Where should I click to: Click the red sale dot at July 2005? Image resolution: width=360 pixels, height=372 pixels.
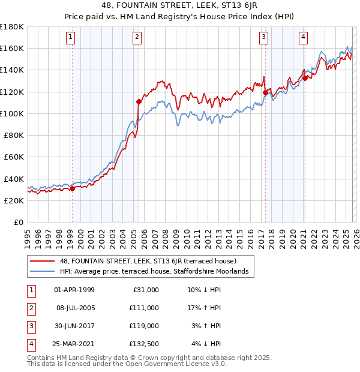(139, 101)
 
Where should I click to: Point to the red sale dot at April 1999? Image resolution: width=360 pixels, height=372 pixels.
(72, 188)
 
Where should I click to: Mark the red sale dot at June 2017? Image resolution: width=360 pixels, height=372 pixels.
(265, 92)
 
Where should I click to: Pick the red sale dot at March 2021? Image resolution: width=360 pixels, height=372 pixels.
(305, 78)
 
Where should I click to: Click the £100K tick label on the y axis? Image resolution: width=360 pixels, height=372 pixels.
(12, 113)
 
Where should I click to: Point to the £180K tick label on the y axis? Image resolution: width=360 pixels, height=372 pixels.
(12, 27)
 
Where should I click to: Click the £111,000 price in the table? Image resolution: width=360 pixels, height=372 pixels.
(145, 307)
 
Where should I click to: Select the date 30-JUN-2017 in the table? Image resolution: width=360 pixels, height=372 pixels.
(74, 325)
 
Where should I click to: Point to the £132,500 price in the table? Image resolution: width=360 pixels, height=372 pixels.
(145, 344)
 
